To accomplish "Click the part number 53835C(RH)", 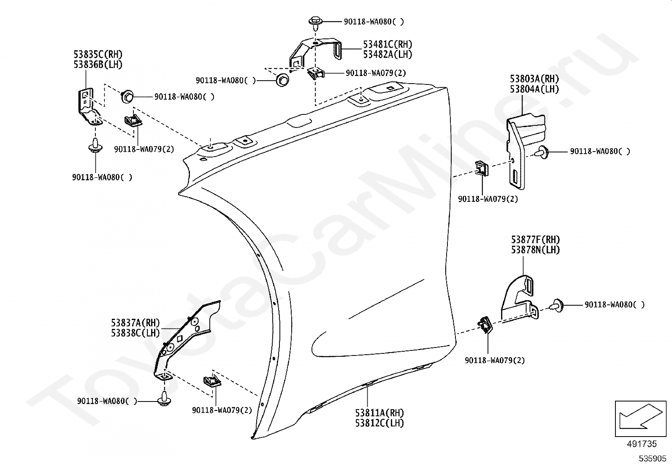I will pyautogui.click(x=98, y=54).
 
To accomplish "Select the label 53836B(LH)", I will pyautogui.click(x=98, y=65).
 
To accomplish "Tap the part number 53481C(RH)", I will pyautogui.click(x=387, y=44).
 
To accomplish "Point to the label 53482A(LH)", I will pyautogui.click(x=387, y=54).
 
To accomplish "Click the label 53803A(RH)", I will pyautogui.click(x=534, y=79).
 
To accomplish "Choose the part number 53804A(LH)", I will pyautogui.click(x=534, y=89).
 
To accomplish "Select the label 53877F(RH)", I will pyautogui.click(x=535, y=240).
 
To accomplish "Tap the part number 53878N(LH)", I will pyautogui.click(x=535, y=250).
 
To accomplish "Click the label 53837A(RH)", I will pyautogui.click(x=135, y=323).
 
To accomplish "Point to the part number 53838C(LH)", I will pyautogui.click(x=135, y=333).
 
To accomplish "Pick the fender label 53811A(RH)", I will pyautogui.click(x=379, y=413).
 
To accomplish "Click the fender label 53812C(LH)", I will pyautogui.click(x=379, y=423).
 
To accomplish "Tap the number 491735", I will pyautogui.click(x=642, y=444).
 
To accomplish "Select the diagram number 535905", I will pyautogui.click(x=652, y=459).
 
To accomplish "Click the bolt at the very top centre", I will pyautogui.click(x=315, y=22).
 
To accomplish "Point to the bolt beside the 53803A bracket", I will pyautogui.click(x=543, y=152).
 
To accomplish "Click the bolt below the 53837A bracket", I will pyautogui.click(x=164, y=400).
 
